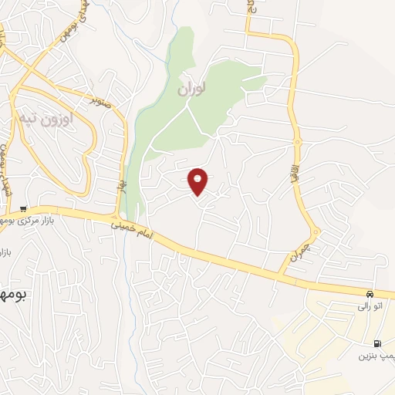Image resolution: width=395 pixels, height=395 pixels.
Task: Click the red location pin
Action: (199, 181)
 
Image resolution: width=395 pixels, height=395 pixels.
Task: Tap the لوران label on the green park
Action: (193, 89)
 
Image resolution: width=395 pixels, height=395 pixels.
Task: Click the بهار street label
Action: (121, 185)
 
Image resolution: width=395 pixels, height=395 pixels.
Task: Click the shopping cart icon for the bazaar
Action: (24, 208)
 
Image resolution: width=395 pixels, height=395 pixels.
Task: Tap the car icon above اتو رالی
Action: (370, 294)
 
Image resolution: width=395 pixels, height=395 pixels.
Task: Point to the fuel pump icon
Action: (376, 344)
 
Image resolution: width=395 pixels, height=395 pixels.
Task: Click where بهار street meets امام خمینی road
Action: (117, 214)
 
